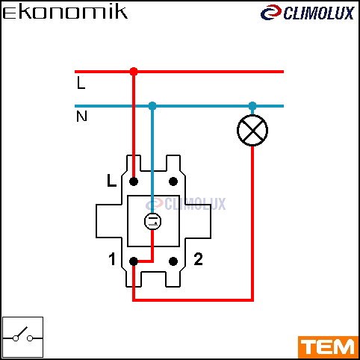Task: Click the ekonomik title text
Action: click(x=65, y=13)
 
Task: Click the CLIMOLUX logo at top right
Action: click(x=307, y=13)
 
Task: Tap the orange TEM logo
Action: click(x=328, y=347)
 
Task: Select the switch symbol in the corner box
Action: click(x=22, y=336)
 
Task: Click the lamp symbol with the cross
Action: click(x=252, y=130)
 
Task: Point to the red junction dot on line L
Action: click(x=134, y=72)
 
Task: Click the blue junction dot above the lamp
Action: click(x=252, y=106)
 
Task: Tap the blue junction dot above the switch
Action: click(x=152, y=106)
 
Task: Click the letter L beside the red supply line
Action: click(x=81, y=83)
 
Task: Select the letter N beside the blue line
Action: click(x=81, y=116)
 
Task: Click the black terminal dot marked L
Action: click(x=134, y=181)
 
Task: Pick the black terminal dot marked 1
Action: click(x=134, y=261)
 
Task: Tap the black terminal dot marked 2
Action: click(x=173, y=261)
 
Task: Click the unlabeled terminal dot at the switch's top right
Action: click(x=173, y=181)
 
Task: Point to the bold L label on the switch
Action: click(x=111, y=180)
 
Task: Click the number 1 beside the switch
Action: click(x=112, y=259)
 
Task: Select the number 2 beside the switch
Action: click(x=198, y=259)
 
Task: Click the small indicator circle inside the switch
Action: click(x=152, y=222)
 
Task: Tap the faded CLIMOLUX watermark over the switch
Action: click(x=186, y=204)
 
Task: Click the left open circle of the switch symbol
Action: click(x=16, y=338)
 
